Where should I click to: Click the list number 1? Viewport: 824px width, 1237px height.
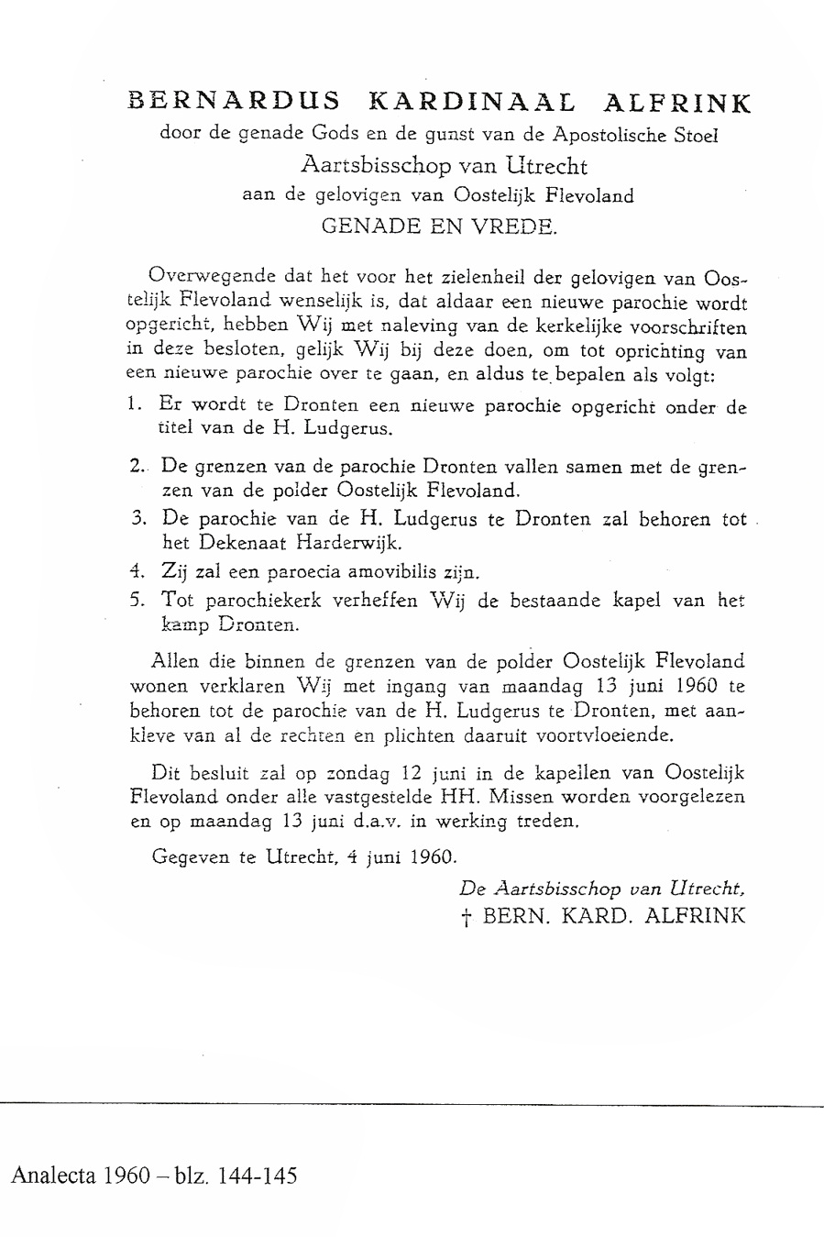click(134, 403)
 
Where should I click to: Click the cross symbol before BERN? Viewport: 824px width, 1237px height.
click(468, 916)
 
